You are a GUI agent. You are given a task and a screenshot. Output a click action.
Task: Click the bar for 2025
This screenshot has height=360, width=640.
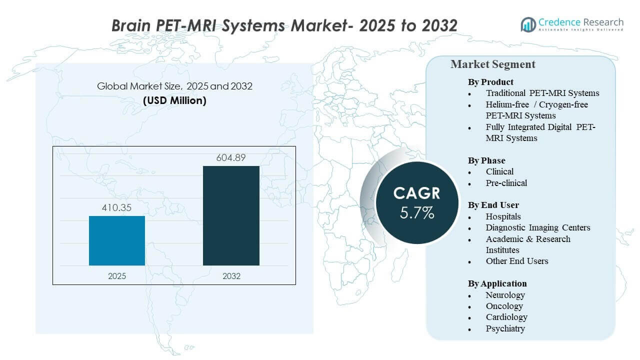117,240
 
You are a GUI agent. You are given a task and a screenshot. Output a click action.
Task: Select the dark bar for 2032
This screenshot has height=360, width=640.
231,215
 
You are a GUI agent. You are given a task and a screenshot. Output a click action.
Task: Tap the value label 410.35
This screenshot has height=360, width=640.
117,207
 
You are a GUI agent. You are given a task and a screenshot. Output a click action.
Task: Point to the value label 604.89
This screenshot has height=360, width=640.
231,157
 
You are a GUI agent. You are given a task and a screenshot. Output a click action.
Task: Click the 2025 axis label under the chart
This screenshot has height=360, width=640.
117,276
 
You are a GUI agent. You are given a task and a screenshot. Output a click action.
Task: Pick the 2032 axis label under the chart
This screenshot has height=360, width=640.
231,276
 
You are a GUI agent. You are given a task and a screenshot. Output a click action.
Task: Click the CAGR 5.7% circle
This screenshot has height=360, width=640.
417,202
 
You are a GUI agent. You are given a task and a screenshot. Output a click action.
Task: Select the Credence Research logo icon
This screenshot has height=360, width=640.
528,24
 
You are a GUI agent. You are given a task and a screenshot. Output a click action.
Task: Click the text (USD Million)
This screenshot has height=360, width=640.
174,100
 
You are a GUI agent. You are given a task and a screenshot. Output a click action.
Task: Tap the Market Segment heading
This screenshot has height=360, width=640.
492,64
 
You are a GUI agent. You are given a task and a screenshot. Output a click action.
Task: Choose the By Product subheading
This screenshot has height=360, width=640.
490,82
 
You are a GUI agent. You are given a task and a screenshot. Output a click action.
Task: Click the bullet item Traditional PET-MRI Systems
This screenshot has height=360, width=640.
542,93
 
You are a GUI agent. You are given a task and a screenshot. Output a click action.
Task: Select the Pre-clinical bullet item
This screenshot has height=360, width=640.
506,183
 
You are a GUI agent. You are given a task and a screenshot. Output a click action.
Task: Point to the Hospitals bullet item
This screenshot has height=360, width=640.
503,216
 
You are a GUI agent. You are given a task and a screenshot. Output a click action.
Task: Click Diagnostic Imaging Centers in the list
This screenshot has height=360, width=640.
537,227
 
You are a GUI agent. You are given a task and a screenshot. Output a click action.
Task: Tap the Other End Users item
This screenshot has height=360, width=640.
516,261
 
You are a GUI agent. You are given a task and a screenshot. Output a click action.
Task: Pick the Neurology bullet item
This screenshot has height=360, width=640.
505,295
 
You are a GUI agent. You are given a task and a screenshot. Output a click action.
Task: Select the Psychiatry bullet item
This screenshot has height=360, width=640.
505,328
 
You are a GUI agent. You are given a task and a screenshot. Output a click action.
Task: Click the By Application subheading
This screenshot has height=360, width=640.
497,283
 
